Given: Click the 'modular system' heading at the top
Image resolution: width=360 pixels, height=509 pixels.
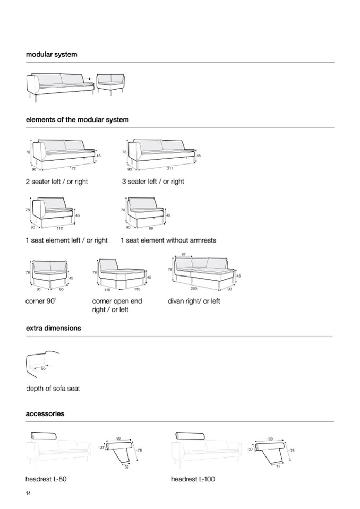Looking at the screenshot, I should [52, 54].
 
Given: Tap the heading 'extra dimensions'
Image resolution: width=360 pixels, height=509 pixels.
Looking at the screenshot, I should [54, 328].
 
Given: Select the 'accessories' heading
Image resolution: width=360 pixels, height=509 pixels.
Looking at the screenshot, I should [45, 413].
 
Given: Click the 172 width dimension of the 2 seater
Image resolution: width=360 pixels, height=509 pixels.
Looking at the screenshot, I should [73, 168].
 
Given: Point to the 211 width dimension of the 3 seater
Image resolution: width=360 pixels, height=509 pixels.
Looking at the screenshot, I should [170, 168].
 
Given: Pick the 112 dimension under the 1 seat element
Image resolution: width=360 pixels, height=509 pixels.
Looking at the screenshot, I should [59, 228].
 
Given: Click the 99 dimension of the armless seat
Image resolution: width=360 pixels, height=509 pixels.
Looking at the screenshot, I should [150, 228].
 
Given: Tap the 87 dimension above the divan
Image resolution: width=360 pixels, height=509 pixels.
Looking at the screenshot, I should [184, 255].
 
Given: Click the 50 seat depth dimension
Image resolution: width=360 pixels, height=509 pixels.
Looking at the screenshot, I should [44, 368].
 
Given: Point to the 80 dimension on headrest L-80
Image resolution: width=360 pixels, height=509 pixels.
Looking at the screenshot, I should [118, 438].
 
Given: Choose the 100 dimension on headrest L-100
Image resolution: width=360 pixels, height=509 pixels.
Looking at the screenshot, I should [269, 439].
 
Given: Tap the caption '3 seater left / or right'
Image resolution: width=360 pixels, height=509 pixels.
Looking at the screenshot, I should [153, 182].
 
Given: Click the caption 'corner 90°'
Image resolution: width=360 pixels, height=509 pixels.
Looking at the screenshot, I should [41, 301].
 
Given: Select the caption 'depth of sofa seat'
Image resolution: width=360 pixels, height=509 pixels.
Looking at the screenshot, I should [53, 389].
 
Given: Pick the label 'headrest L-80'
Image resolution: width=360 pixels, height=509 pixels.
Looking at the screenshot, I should [46, 479].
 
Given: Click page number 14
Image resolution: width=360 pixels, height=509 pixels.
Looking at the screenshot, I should [28, 494].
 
